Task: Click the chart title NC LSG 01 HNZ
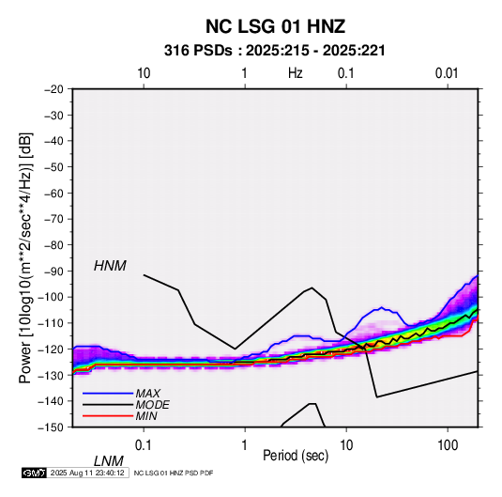(x=275, y=26)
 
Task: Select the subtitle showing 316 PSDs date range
(x=274, y=51)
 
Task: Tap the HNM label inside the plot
(x=110, y=266)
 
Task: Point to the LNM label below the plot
(x=108, y=461)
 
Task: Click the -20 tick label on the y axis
(x=53, y=89)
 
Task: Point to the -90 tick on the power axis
(x=53, y=271)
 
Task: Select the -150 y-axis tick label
(x=51, y=427)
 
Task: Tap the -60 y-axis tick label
(x=53, y=193)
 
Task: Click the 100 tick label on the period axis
(x=448, y=445)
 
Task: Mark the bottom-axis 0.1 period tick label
(x=144, y=445)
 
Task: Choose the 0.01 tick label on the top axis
(x=447, y=73)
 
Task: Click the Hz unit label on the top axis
(x=296, y=73)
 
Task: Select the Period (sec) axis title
(x=296, y=456)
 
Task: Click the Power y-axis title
(x=25, y=257)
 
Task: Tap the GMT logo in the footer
(x=34, y=473)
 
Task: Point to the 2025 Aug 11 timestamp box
(x=87, y=473)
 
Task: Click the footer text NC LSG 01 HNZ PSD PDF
(x=174, y=473)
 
